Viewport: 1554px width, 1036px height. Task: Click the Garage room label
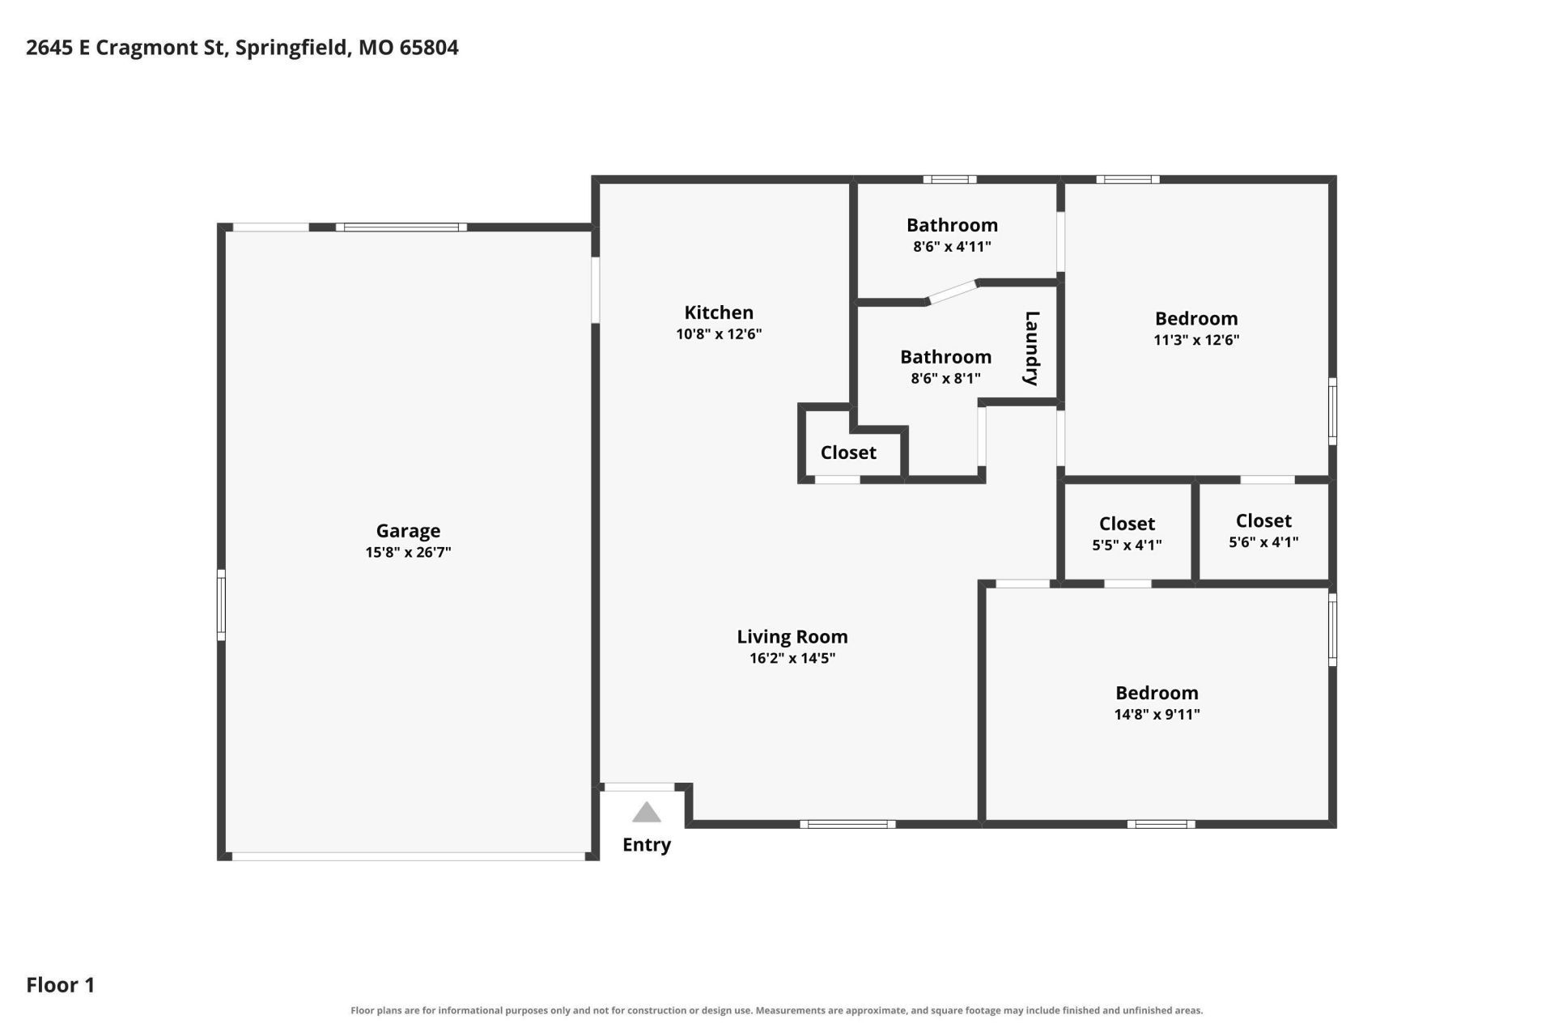click(408, 531)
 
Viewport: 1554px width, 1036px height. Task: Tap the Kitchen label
click(719, 312)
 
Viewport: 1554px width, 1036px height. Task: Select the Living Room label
click(792, 637)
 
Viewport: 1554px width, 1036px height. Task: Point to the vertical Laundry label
click(1032, 348)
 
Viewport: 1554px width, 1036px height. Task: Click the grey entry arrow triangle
click(647, 812)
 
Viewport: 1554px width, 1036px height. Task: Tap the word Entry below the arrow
click(647, 845)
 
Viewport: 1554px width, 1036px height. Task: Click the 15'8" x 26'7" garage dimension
click(408, 553)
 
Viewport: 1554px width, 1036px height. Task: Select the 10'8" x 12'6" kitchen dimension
click(719, 334)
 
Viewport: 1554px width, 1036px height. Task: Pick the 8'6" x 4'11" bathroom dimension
click(952, 247)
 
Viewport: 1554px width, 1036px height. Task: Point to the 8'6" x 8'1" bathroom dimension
click(945, 378)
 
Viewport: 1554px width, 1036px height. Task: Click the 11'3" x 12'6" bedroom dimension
click(1196, 340)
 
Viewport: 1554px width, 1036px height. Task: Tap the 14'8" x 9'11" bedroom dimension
click(1157, 715)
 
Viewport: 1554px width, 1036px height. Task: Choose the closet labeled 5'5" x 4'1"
click(1127, 533)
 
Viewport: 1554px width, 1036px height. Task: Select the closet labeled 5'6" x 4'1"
click(1263, 531)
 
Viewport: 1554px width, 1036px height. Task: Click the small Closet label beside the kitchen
click(848, 452)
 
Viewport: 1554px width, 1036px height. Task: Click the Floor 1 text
click(61, 985)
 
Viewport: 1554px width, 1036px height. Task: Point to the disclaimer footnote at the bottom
click(776, 1010)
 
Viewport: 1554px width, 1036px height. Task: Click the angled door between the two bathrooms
click(953, 292)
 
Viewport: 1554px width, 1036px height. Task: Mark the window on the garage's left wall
click(221, 605)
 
